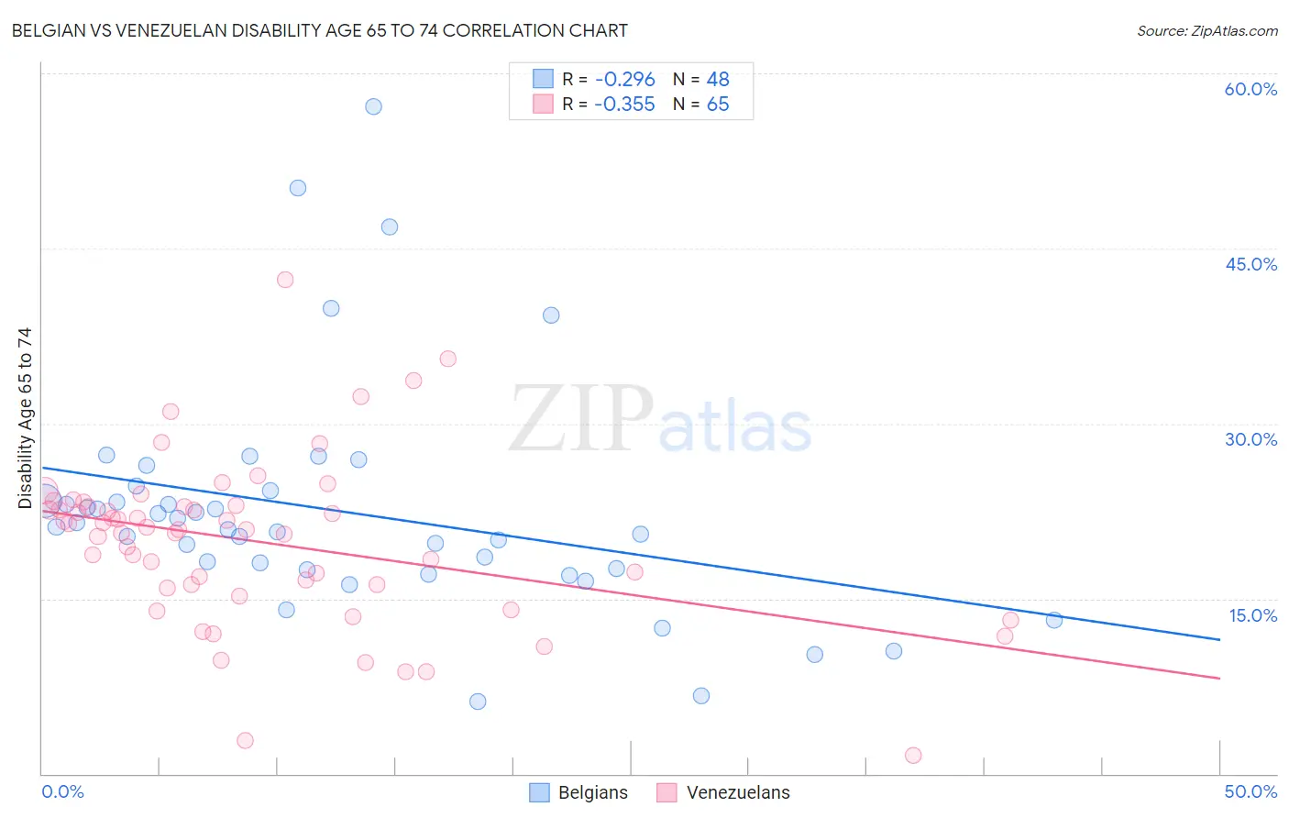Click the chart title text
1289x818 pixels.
(x=319, y=30)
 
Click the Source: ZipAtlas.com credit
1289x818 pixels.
(x=1206, y=30)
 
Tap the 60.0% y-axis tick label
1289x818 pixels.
(x=1250, y=89)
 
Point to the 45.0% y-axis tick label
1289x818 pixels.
(x=1250, y=264)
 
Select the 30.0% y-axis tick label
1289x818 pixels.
(x=1250, y=439)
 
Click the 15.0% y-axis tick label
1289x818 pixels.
(x=1252, y=615)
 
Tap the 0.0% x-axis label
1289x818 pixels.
(x=63, y=791)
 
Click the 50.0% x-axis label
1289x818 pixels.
(x=1250, y=791)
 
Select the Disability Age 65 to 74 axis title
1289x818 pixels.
(x=25, y=418)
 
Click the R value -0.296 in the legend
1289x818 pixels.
(x=624, y=80)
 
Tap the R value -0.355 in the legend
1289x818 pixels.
(x=624, y=105)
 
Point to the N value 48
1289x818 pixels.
(x=718, y=80)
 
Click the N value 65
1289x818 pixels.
(x=718, y=105)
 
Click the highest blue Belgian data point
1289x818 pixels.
(x=373, y=106)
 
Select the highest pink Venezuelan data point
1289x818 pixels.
(x=285, y=280)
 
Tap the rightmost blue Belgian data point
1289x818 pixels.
(x=1054, y=620)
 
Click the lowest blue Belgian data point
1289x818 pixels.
(x=478, y=702)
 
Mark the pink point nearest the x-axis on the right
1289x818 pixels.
(x=913, y=756)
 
